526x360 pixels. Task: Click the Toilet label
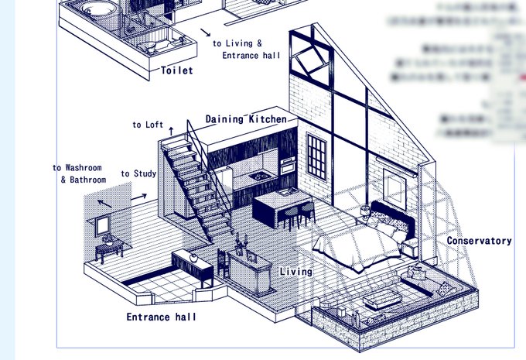(176, 70)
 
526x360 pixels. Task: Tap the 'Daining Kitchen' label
(246, 119)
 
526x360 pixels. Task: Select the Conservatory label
(479, 241)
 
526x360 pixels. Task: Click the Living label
(295, 272)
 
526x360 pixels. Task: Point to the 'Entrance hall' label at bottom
(161, 317)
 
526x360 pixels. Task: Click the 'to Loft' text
(147, 125)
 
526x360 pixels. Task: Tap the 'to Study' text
(138, 173)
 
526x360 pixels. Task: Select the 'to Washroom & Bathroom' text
(80, 173)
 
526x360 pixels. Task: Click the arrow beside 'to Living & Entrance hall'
(207, 33)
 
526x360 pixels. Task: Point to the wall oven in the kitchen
(286, 166)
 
